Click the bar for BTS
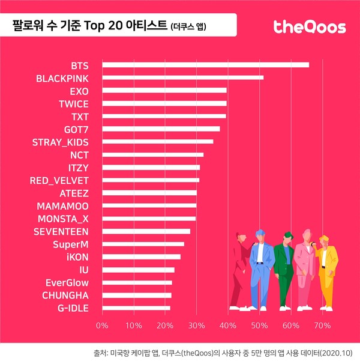[206, 65]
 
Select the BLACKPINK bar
[183, 77]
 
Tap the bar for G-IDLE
[136, 308]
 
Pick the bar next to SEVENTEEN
[146, 231]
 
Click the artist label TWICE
[73, 103]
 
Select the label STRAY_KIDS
[60, 142]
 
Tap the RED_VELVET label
[59, 180]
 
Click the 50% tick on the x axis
[259, 326]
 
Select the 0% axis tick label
[102, 326]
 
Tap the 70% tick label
[322, 326]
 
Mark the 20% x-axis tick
[165, 326]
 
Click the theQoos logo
[309, 27]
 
